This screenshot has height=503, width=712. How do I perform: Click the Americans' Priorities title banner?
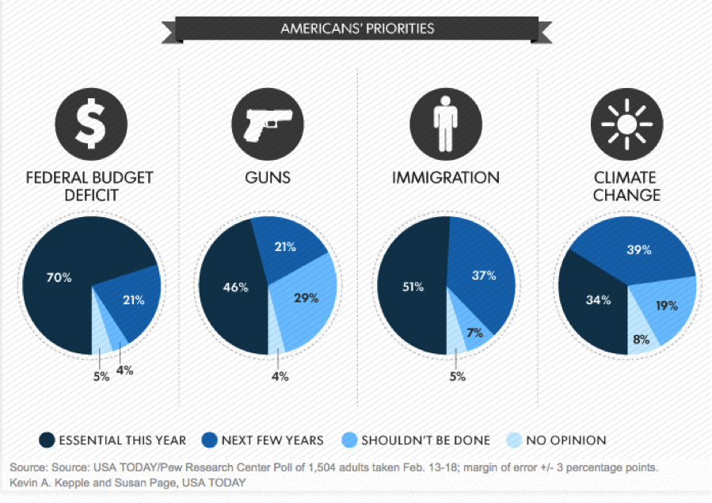357,29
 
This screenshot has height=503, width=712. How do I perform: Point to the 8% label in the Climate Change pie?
641,339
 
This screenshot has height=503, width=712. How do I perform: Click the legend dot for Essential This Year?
46,440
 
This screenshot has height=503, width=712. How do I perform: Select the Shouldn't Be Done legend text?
425,440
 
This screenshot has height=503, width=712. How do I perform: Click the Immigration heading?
446,177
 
